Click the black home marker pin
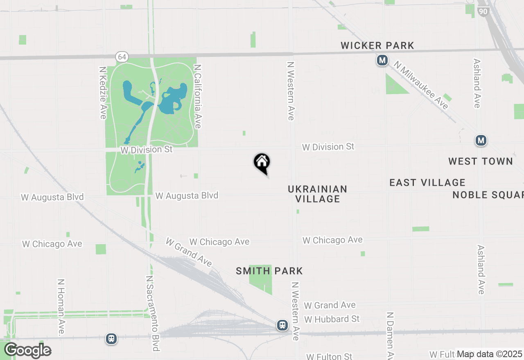tap(262, 163)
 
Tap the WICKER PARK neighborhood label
tap(377, 45)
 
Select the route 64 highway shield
tap(122, 56)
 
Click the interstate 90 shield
tap(483, 11)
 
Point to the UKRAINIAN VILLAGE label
tap(318, 194)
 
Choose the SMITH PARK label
tap(269, 271)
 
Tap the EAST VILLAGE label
tap(427, 182)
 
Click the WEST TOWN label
tap(481, 161)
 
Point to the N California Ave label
tap(198, 96)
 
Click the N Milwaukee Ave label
tap(421, 85)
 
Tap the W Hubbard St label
tap(332, 319)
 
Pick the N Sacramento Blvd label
tap(152, 313)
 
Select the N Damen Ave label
tap(391, 335)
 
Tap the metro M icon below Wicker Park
tap(382, 61)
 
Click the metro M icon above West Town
tap(481, 141)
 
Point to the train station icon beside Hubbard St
tap(282, 325)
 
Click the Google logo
tap(27, 351)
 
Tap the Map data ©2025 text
tap(489, 354)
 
